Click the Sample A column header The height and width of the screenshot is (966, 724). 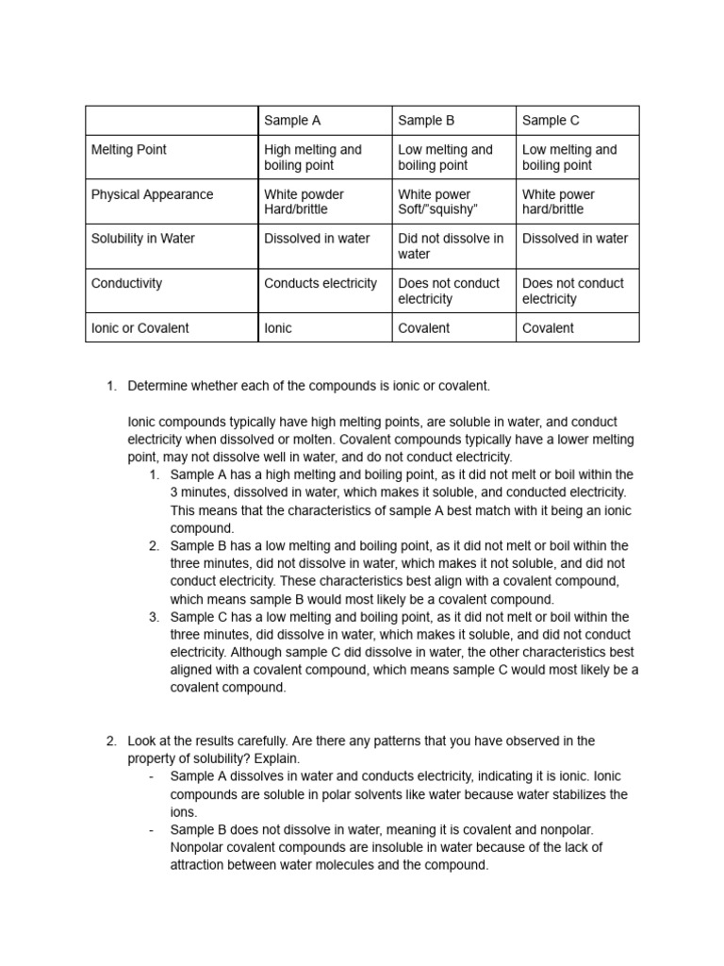(x=292, y=120)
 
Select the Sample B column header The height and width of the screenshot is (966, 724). (x=426, y=120)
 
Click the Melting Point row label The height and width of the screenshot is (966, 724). (x=128, y=149)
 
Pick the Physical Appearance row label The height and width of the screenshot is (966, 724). (x=152, y=194)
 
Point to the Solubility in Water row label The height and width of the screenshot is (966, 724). (x=142, y=239)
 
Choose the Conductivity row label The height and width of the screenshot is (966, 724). (x=126, y=283)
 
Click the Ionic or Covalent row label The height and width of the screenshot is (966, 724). (x=140, y=328)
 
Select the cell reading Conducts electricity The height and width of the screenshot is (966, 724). (x=321, y=283)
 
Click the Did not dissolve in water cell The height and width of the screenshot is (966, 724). (x=451, y=246)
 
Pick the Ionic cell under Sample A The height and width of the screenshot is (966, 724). (x=278, y=328)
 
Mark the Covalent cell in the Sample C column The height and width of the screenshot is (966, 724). (x=548, y=328)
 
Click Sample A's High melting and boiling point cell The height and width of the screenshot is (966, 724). (x=313, y=157)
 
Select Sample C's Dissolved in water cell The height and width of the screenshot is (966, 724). (x=575, y=239)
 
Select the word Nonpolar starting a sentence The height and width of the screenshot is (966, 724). (x=200, y=847)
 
